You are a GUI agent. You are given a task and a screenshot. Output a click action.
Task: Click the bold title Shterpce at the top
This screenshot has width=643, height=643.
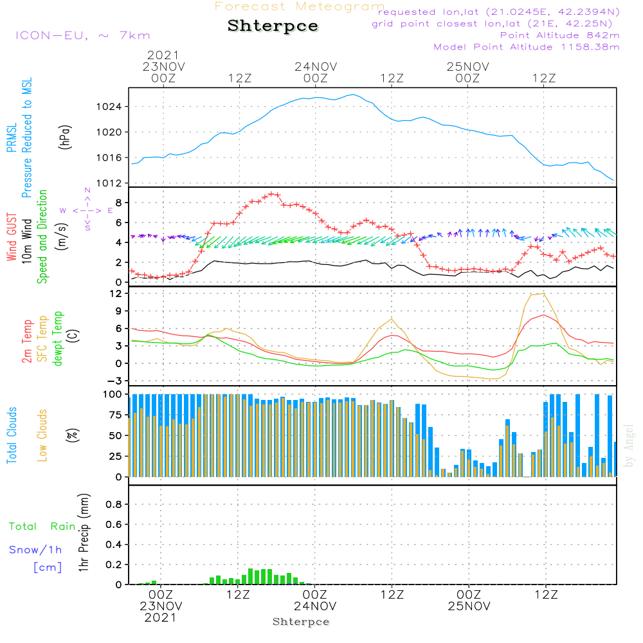(273, 26)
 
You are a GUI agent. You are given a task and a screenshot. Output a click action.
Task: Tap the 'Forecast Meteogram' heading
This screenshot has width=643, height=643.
(300, 6)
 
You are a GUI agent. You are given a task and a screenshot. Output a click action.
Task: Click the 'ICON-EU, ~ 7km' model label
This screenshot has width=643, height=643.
(82, 35)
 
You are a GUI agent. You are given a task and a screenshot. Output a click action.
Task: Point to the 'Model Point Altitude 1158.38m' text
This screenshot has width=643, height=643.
(527, 47)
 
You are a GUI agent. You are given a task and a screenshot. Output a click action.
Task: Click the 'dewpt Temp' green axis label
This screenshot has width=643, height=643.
(59, 339)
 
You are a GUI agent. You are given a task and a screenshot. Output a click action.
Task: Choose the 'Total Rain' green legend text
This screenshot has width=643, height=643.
(42, 527)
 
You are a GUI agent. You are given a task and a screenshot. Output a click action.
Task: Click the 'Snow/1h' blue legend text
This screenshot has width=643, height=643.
(35, 550)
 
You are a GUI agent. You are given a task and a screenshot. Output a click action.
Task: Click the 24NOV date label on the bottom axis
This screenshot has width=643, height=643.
(315, 606)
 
